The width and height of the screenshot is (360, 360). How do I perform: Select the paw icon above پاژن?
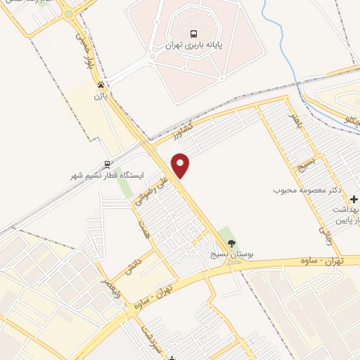(x=102, y=83)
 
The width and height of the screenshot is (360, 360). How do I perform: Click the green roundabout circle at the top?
(x=68, y=13)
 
